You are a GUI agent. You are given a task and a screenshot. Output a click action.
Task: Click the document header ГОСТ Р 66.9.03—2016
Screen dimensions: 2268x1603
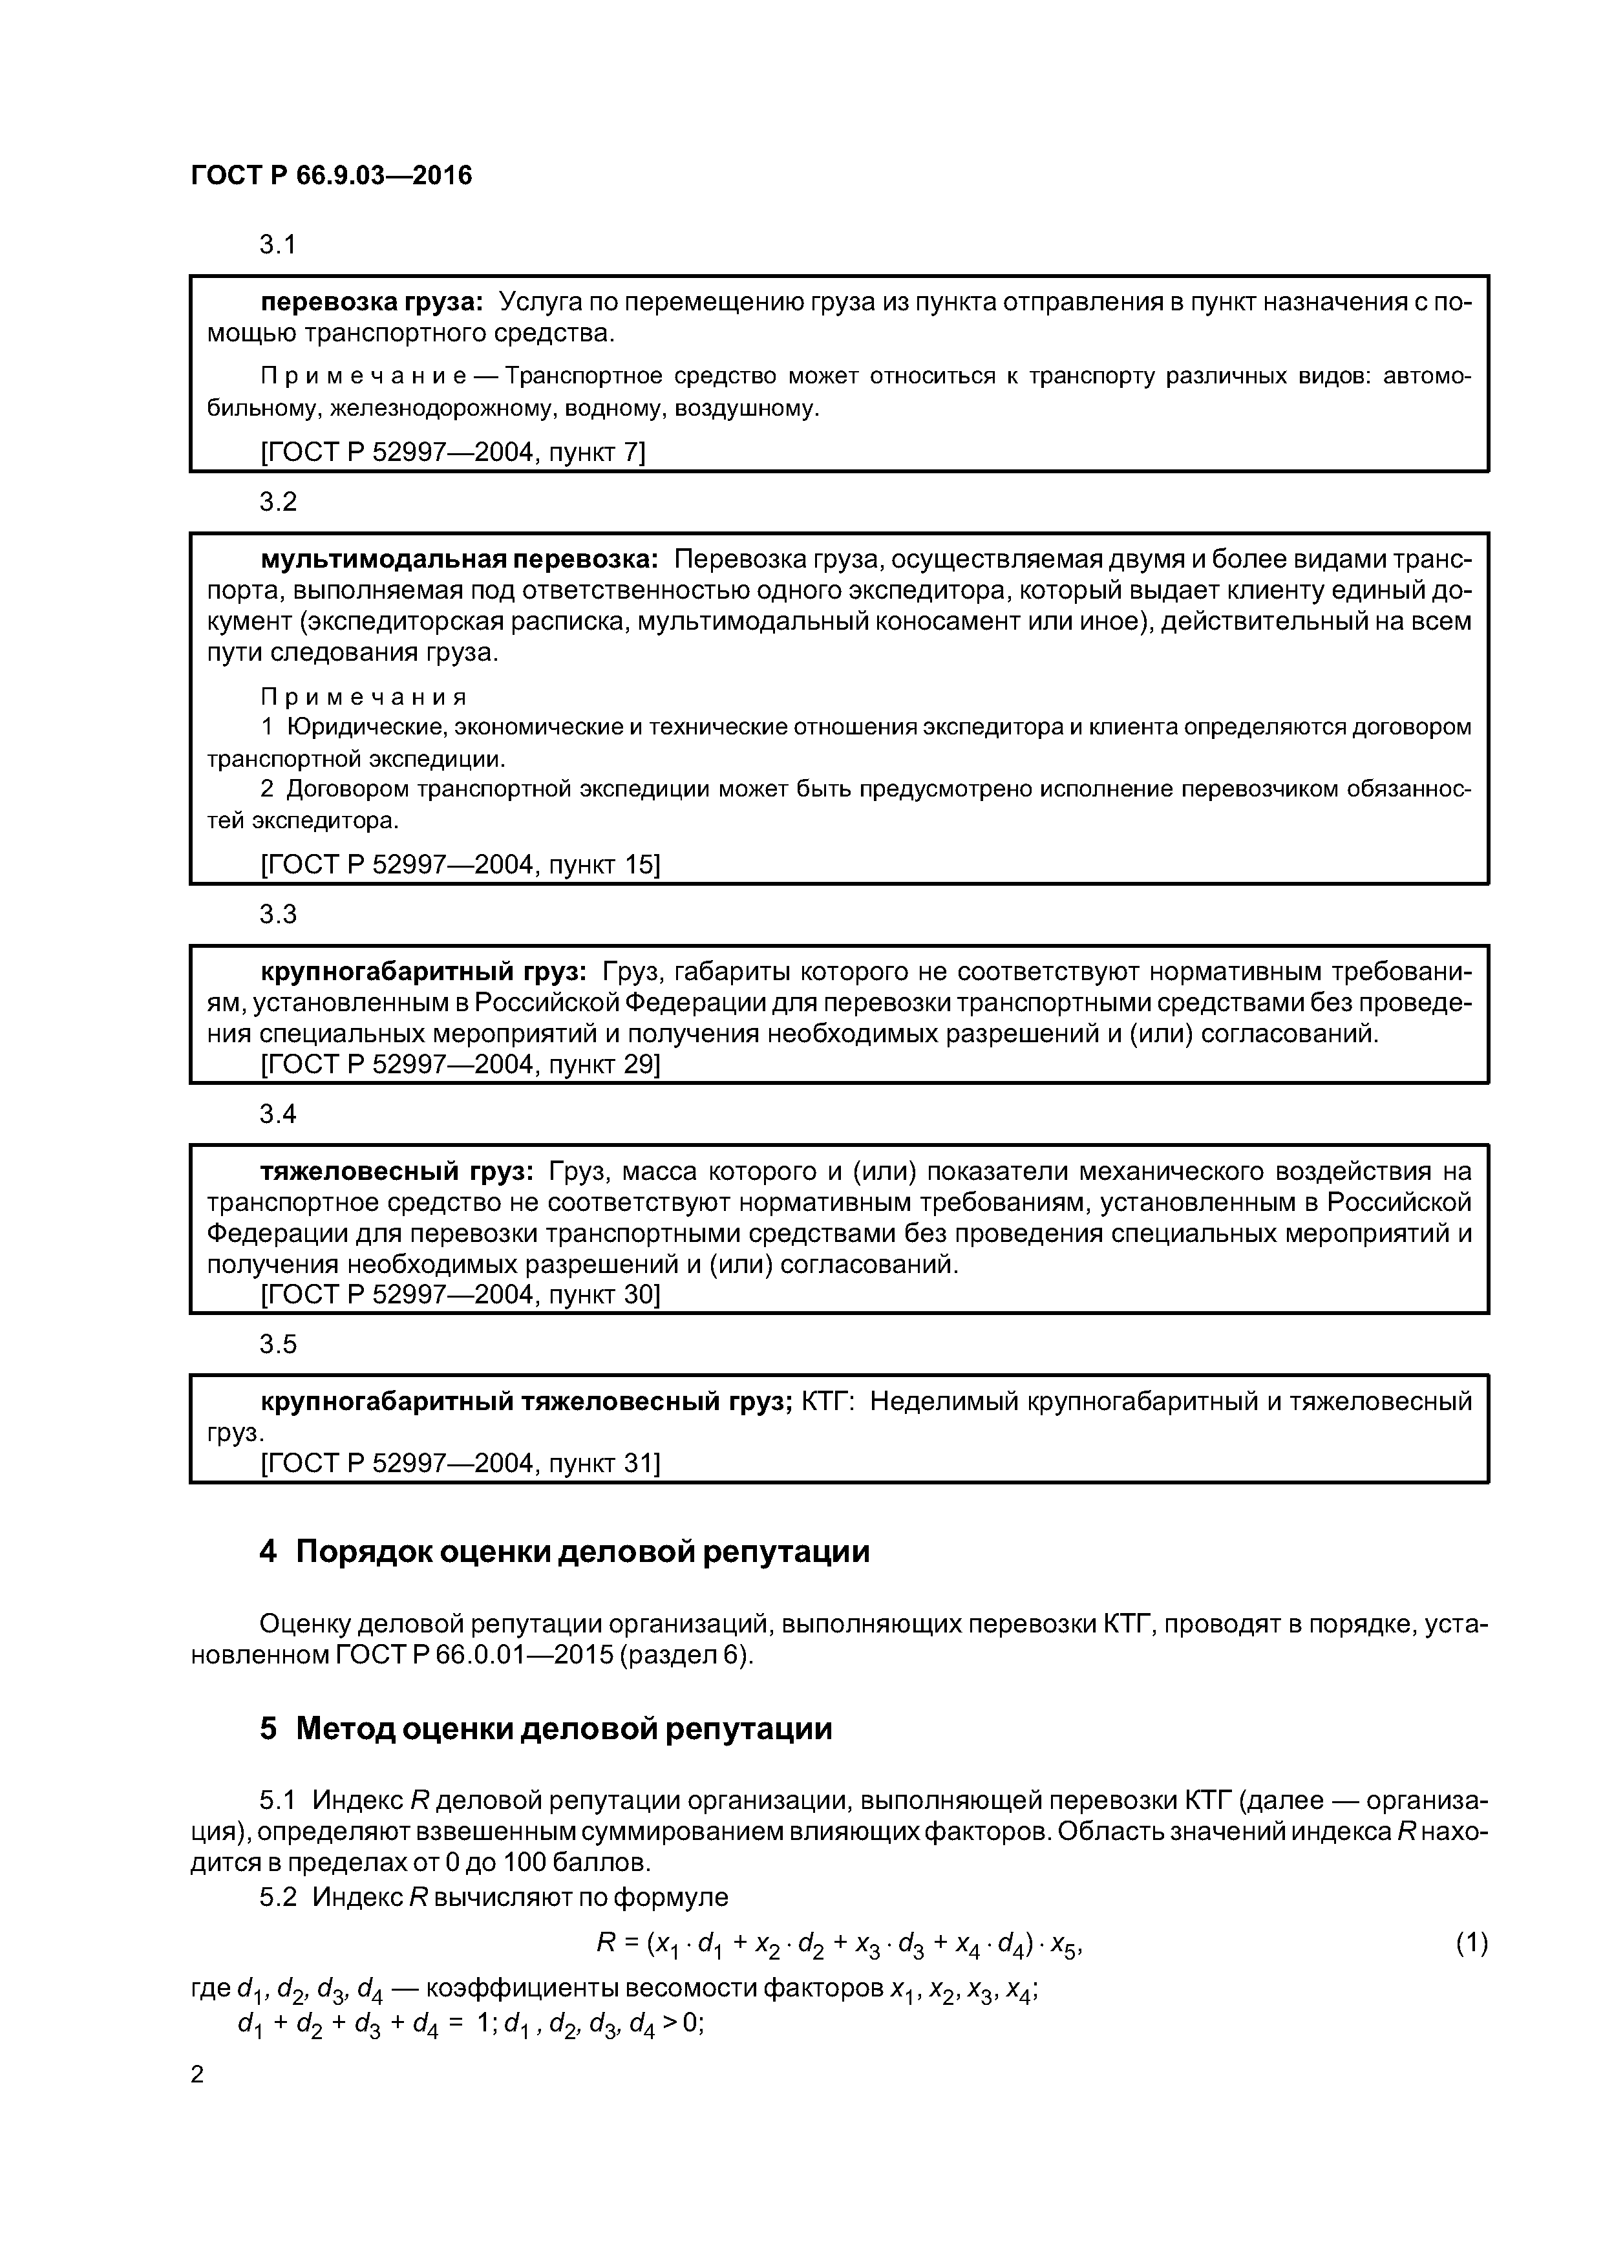coord(331,176)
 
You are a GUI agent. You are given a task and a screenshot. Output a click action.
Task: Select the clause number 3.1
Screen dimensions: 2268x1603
coord(277,245)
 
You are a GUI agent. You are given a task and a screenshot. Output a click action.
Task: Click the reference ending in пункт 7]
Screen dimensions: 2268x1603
coord(452,453)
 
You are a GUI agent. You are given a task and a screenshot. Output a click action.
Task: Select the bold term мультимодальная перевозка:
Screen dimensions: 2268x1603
coord(460,559)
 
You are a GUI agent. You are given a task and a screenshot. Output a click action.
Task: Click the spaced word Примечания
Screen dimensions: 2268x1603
coord(363,698)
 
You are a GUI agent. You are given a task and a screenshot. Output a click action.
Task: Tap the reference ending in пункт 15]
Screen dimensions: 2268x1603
coord(460,864)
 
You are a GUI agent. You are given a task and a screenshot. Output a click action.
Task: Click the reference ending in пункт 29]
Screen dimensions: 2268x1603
coord(460,1064)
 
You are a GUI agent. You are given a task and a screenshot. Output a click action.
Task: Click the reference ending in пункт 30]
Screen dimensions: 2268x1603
coord(460,1294)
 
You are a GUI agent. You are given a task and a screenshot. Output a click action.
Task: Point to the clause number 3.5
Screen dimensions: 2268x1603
coord(277,1344)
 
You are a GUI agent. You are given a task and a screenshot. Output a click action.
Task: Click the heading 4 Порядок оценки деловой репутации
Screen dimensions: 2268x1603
coord(564,1552)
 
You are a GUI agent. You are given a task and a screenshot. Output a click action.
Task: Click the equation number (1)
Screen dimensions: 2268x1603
coord(1470,1943)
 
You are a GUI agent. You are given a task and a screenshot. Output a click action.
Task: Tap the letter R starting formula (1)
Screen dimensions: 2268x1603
coord(606,1943)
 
